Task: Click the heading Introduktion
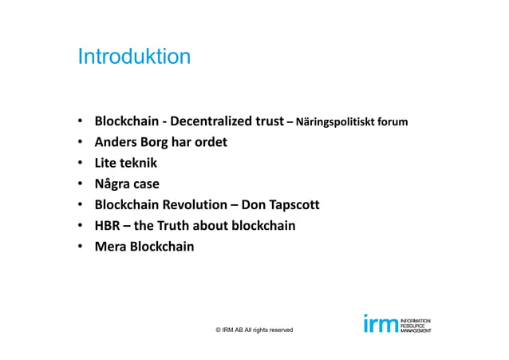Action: [x=133, y=57]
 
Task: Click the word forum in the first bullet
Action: [x=393, y=123]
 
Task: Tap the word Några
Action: [x=114, y=184]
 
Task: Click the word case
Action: [x=149, y=184]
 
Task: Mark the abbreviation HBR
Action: [x=108, y=226]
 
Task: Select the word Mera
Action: [x=111, y=247]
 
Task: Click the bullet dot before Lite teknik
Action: [x=81, y=164]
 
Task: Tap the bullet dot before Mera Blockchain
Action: [x=81, y=247]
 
